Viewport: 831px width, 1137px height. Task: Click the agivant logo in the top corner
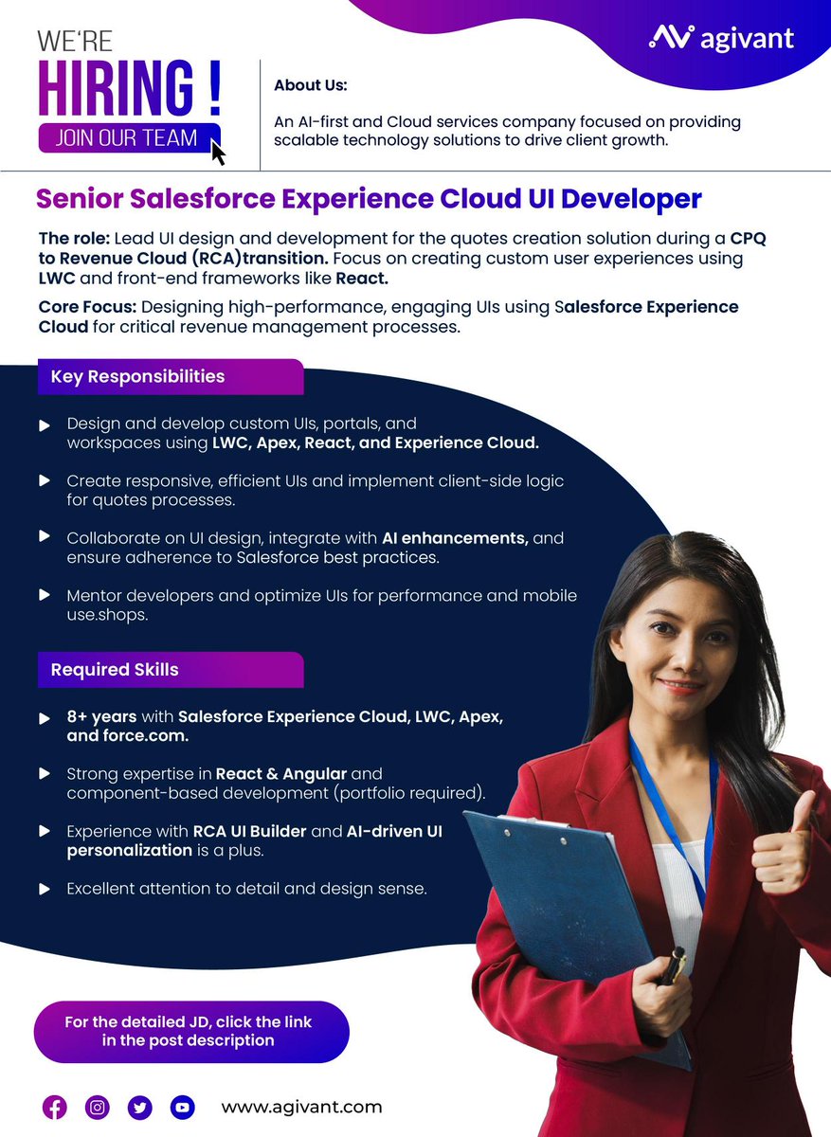coord(721,38)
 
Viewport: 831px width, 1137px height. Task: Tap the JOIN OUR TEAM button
coord(127,136)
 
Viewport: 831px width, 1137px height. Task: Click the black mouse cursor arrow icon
coord(218,151)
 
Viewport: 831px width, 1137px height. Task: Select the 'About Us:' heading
coord(311,85)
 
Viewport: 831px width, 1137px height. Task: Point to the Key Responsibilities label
coord(137,376)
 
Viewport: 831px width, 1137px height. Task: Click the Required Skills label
coord(115,670)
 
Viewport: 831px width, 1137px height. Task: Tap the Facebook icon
coord(55,1107)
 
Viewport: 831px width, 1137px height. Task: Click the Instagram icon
coord(98,1107)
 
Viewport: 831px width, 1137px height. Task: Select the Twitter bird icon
coord(140,1107)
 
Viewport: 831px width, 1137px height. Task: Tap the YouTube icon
coord(182,1107)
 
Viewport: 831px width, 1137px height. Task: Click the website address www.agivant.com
coord(301,1107)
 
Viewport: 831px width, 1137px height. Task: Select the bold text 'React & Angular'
coord(280,774)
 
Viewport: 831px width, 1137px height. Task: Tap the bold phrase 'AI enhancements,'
coord(455,538)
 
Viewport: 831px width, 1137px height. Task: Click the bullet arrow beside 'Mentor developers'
coord(44,596)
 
